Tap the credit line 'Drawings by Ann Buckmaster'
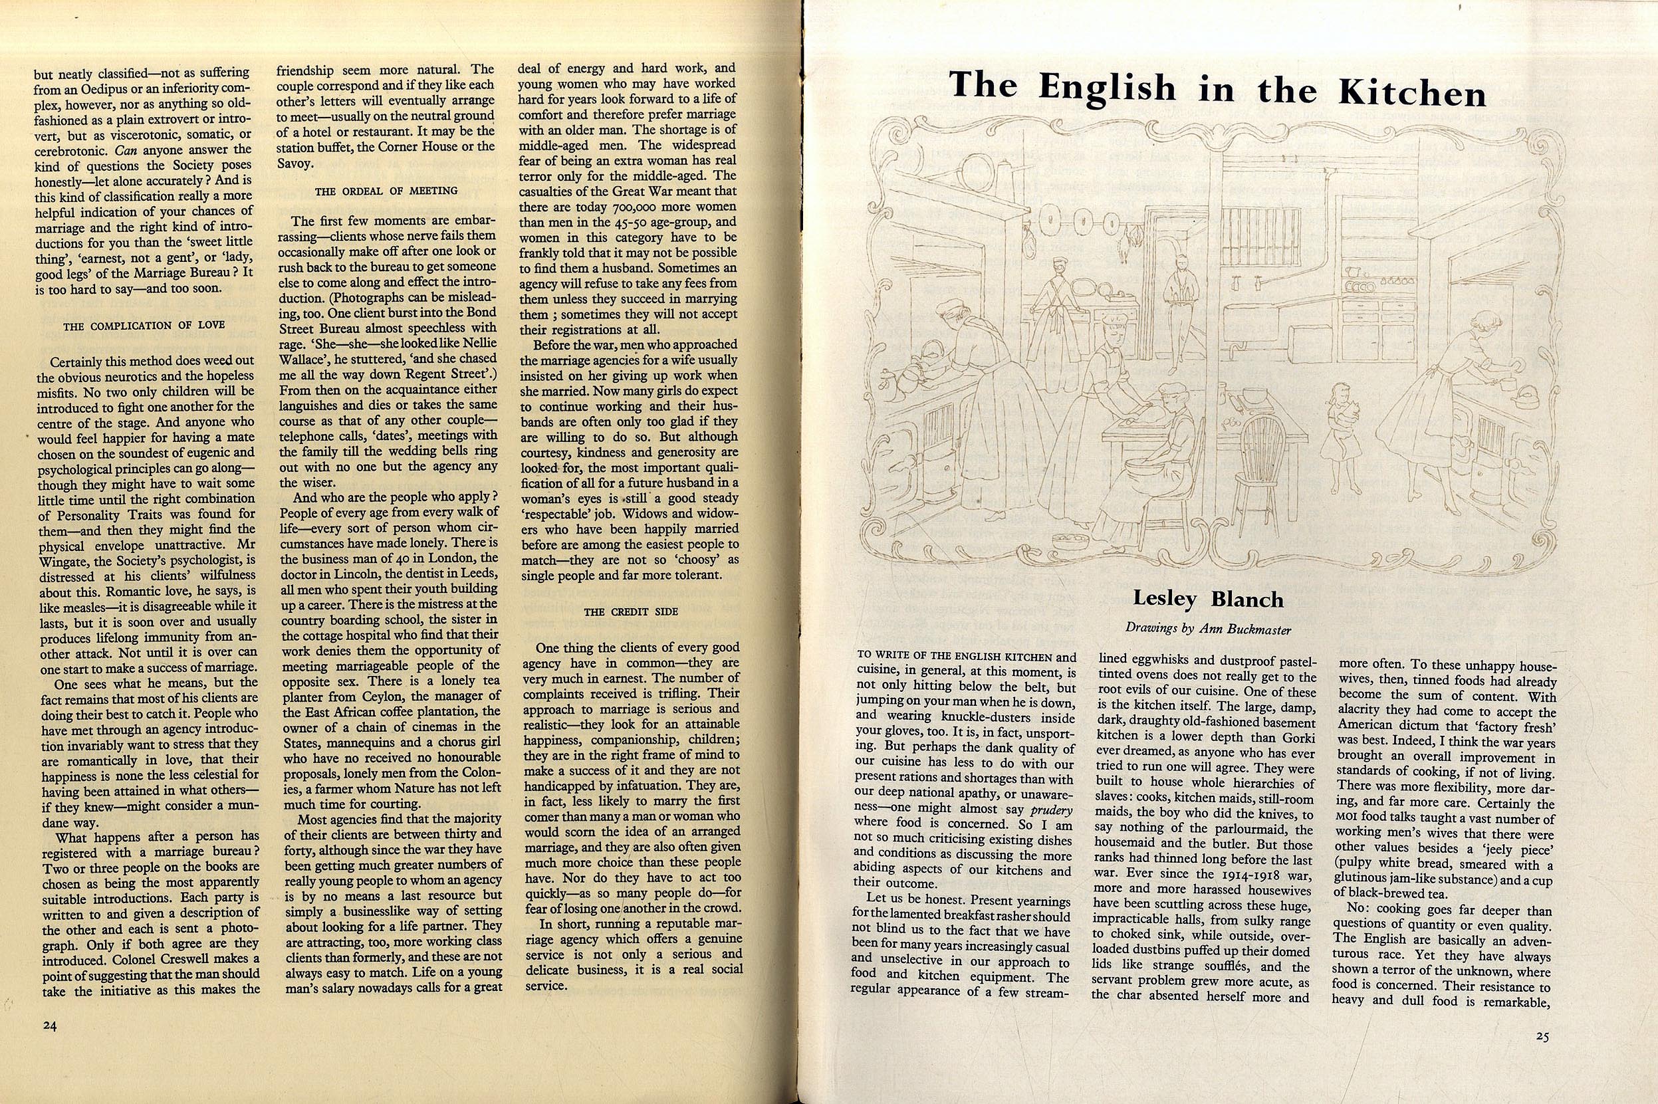1207,629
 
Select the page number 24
49,1026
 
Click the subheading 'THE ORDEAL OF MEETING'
386,191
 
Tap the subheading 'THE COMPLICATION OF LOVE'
144,326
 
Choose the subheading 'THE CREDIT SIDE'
631,612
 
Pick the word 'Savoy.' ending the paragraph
295,163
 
